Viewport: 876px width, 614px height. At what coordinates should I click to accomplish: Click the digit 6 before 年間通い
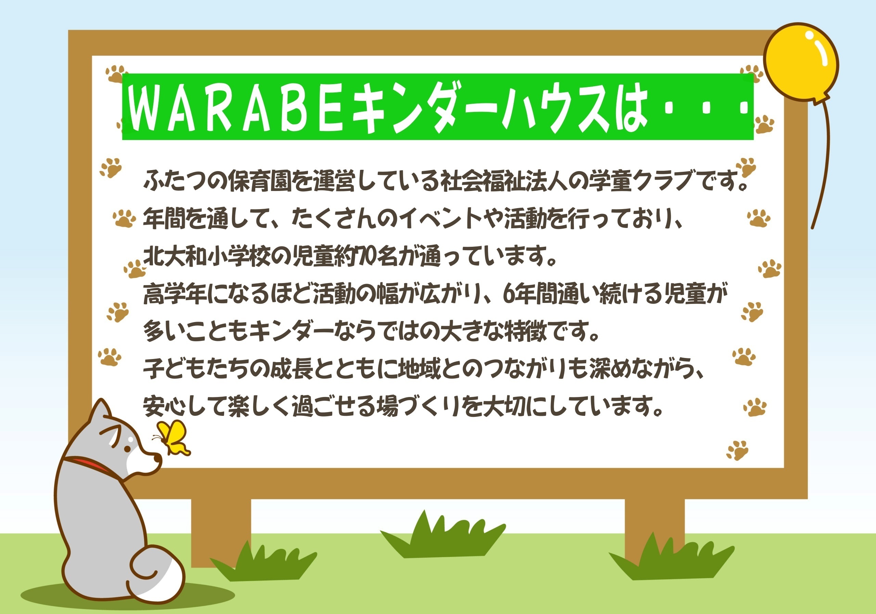pyautogui.click(x=508, y=294)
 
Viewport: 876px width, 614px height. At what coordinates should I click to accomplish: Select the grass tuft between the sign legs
pyautogui.click(x=442, y=534)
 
